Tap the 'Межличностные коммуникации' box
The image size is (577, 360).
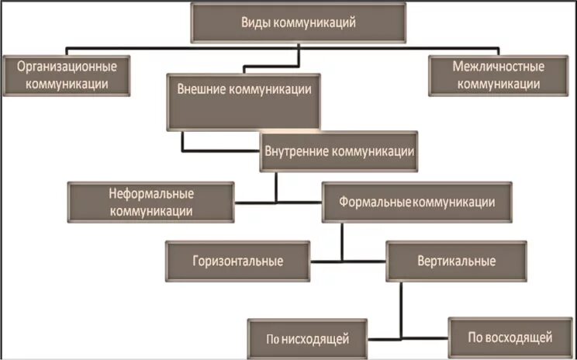click(x=498, y=75)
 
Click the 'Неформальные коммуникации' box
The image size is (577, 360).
click(x=150, y=202)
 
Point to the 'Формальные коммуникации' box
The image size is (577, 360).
click(x=416, y=202)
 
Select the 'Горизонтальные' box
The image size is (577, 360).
click(x=237, y=261)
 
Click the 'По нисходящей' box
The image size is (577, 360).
click(x=308, y=338)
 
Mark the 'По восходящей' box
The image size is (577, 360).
click(x=510, y=337)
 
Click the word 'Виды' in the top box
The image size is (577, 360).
click(x=257, y=22)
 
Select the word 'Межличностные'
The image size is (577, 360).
click(x=498, y=67)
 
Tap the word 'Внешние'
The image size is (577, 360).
click(x=198, y=89)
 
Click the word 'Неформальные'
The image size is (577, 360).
click(x=151, y=194)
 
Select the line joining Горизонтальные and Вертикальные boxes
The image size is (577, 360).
click(x=347, y=261)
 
